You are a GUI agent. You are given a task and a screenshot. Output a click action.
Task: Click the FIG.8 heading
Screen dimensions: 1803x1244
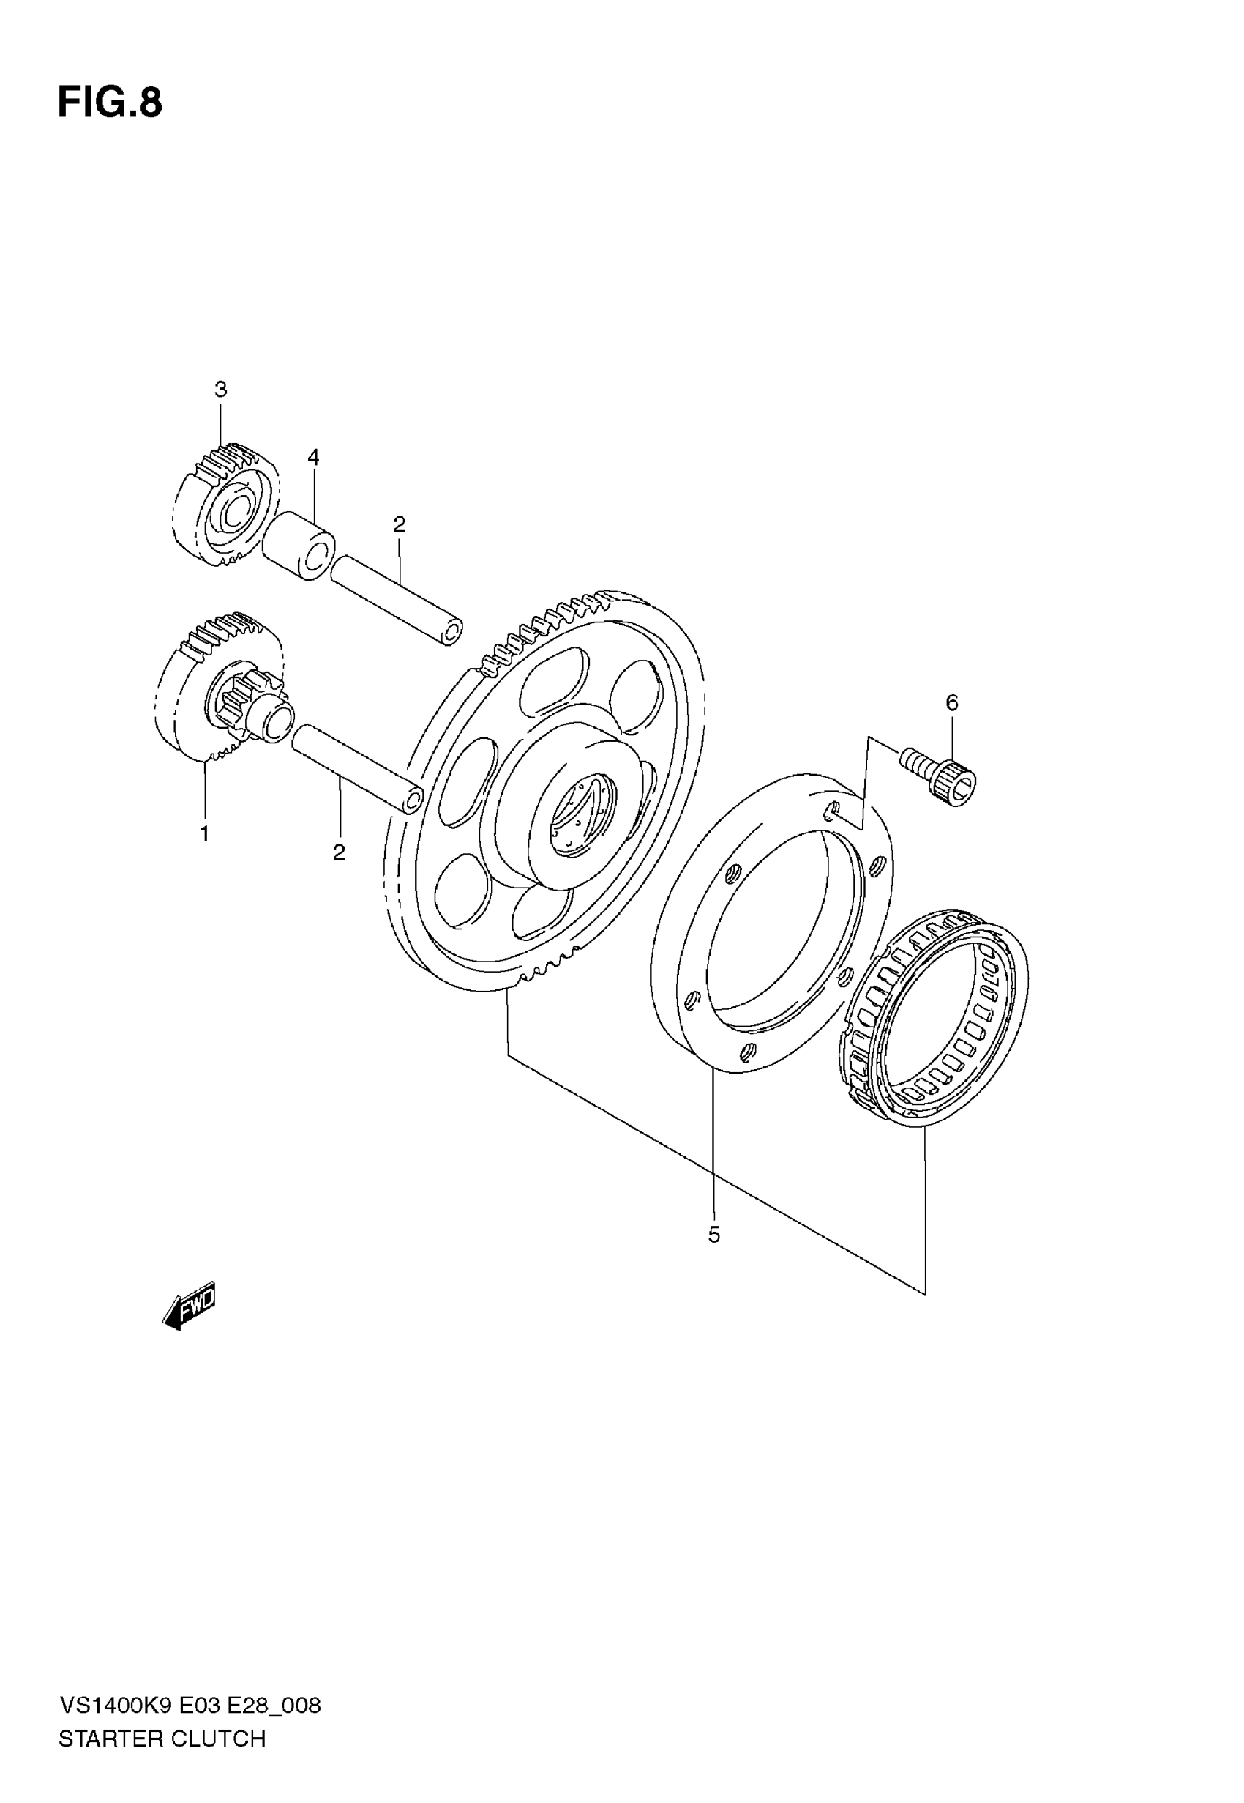[x=110, y=103]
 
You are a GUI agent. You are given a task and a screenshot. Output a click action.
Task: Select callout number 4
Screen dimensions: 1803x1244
[x=313, y=457]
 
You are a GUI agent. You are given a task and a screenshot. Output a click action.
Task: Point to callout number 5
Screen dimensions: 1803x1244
[x=714, y=1235]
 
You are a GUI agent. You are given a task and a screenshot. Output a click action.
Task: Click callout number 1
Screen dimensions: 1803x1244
[x=204, y=833]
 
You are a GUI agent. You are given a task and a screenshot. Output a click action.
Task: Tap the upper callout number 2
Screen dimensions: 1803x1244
[x=399, y=525]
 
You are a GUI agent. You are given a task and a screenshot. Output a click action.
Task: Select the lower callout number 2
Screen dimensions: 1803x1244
[x=339, y=852]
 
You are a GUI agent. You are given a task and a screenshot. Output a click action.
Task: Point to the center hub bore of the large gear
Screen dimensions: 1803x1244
[x=579, y=813]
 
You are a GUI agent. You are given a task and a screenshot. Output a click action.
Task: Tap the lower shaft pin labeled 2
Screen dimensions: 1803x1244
[x=358, y=769]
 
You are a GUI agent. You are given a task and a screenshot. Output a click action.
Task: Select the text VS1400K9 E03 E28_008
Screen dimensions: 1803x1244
[x=190, y=1706]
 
